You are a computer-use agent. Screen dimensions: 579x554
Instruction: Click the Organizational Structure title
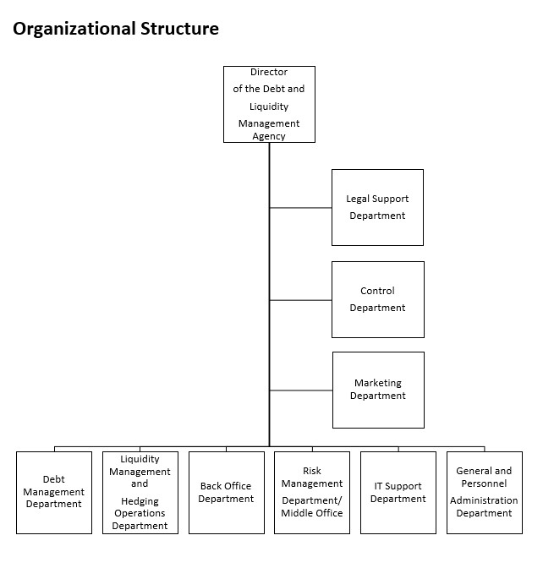coord(116,29)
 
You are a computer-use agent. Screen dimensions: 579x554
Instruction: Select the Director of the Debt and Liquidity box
coord(269,104)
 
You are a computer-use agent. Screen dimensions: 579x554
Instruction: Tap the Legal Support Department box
coord(377,207)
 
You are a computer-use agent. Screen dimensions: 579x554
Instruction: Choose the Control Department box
coord(377,299)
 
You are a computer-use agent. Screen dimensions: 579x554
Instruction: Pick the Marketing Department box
coord(378,390)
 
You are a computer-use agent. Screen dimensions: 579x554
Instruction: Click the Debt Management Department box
coord(54,492)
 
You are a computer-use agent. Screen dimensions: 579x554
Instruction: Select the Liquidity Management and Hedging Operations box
coord(140,492)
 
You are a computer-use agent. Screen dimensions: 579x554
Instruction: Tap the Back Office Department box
coord(226,492)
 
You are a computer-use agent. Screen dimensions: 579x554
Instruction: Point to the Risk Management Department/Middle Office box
coord(311,492)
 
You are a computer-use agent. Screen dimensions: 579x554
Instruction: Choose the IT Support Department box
coord(398,492)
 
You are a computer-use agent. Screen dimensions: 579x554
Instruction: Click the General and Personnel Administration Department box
coord(484,492)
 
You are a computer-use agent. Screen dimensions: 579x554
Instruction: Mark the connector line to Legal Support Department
coord(300,207)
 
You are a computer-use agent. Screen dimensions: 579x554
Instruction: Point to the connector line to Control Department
coord(300,300)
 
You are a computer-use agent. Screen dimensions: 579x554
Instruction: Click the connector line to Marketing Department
coord(300,391)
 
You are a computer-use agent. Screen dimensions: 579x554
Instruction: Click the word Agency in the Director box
coord(269,137)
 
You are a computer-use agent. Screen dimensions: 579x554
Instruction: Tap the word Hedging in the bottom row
coord(140,501)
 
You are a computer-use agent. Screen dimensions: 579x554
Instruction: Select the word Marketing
coord(378,383)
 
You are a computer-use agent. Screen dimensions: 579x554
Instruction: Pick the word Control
coord(377,291)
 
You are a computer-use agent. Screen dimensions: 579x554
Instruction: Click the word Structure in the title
coord(178,29)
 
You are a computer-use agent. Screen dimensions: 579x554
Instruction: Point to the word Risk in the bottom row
coord(311,471)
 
